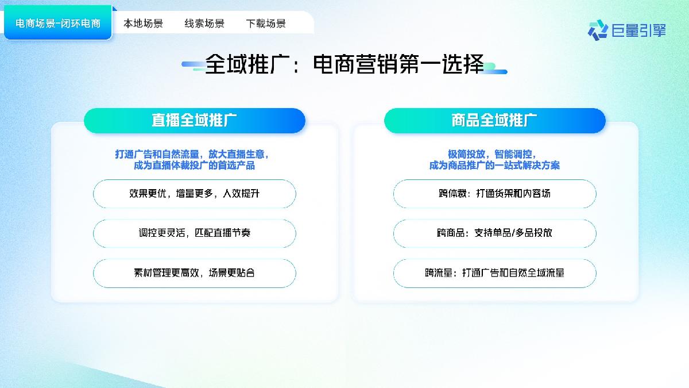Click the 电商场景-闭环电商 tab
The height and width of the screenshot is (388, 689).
click(58, 24)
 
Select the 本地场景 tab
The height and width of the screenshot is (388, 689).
click(144, 24)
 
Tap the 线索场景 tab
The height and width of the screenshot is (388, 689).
click(204, 24)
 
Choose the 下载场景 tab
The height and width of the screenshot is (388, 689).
click(266, 24)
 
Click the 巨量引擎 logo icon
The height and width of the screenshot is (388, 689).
click(598, 29)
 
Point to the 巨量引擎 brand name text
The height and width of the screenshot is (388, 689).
click(639, 30)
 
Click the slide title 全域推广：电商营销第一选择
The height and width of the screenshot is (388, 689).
click(344, 64)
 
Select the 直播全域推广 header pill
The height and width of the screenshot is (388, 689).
click(195, 121)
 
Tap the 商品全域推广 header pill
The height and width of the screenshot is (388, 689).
click(494, 121)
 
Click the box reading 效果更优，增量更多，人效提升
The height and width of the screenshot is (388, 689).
click(195, 194)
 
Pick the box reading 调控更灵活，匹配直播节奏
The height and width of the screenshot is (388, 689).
click(195, 233)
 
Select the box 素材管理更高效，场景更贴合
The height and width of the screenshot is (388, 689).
click(195, 273)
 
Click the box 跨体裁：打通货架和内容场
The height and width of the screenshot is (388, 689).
click(494, 194)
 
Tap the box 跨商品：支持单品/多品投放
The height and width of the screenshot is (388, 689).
click(494, 233)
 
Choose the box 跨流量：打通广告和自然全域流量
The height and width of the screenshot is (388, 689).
click(494, 273)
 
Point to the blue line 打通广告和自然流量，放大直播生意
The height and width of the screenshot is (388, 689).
click(192, 154)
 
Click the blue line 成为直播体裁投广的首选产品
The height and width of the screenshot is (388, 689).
click(194, 166)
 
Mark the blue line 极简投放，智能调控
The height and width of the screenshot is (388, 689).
click(492, 154)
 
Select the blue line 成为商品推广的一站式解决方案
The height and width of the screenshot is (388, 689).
click(494, 166)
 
